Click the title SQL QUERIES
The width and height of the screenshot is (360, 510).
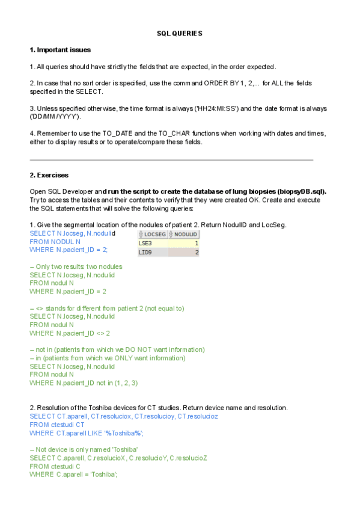(180, 33)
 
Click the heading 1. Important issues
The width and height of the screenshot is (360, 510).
(60, 49)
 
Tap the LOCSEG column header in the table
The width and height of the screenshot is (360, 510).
(154, 234)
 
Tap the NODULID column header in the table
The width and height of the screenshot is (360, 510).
(186, 234)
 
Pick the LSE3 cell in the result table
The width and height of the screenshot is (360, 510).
(145, 243)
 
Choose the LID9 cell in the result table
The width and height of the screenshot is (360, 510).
(145, 253)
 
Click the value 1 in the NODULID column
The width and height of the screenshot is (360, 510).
(196, 243)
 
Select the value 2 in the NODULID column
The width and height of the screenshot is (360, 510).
(196, 253)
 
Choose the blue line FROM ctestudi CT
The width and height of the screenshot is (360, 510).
(57, 424)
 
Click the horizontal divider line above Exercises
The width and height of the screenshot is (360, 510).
(171, 160)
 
